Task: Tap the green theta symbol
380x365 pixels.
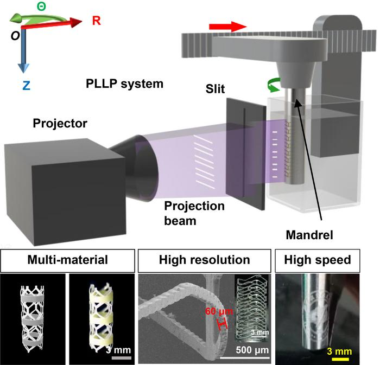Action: pos(41,7)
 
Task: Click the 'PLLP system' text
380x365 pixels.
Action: pos(125,85)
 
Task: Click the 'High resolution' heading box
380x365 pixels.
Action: pos(204,260)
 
